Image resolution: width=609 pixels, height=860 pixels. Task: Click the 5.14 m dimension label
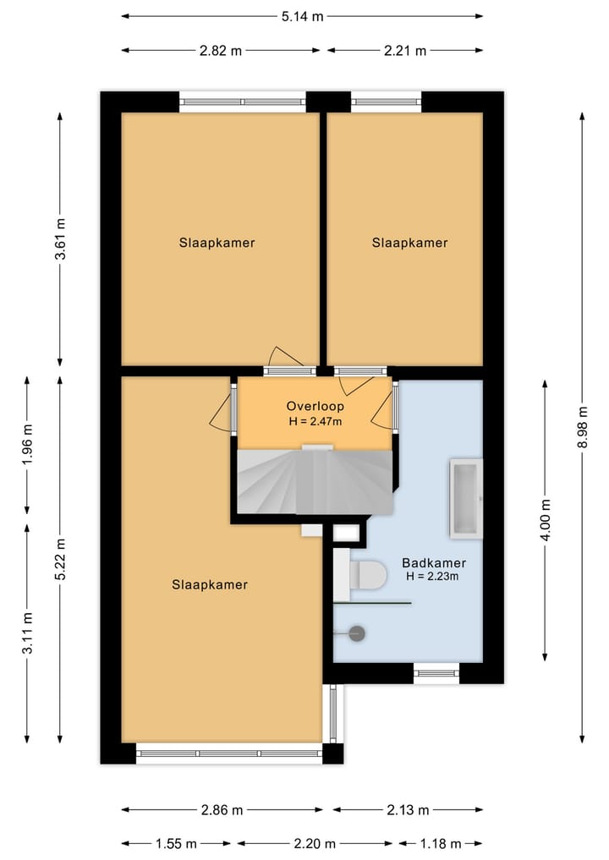[x=302, y=16]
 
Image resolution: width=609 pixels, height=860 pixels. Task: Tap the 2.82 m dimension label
[x=221, y=51]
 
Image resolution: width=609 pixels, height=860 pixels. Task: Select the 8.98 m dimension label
[x=583, y=427]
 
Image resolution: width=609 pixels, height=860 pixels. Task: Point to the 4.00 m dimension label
[x=546, y=520]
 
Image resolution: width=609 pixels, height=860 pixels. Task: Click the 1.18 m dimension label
[x=440, y=844]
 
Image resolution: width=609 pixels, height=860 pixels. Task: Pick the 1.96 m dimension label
[x=27, y=444]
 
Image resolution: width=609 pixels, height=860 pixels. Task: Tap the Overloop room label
[x=315, y=407]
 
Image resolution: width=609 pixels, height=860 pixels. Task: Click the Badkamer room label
[x=434, y=562]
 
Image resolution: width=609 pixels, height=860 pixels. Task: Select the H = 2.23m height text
[x=432, y=577]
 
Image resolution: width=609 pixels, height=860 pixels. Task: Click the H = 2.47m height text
[x=315, y=422]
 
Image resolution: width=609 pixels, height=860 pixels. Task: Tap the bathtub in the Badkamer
[x=466, y=499]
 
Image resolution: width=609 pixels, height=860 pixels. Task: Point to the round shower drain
[x=357, y=633]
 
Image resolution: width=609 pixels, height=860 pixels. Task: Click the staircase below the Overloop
[x=315, y=481]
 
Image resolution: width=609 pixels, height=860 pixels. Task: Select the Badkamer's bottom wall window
[x=436, y=673]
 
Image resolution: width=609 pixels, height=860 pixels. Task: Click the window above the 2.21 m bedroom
[x=387, y=101]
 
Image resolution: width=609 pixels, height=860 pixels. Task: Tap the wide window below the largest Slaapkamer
[x=229, y=753]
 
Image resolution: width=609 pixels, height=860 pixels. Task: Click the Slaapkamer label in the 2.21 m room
[x=410, y=243]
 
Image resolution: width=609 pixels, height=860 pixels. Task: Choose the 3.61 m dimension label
[x=60, y=239]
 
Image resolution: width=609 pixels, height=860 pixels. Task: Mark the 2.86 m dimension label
[x=222, y=810]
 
